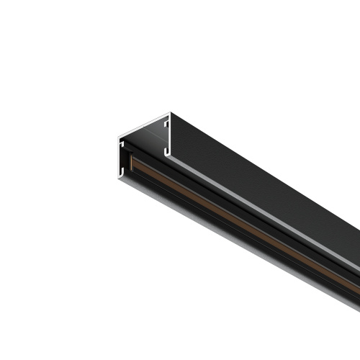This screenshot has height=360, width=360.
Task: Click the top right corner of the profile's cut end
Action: coord(170,113)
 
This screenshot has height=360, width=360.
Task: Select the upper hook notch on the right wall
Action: coord(166,123)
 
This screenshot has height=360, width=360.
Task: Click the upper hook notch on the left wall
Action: coord(121,144)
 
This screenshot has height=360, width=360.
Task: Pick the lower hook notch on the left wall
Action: coord(121,170)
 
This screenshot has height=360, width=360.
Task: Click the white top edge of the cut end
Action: coord(144,124)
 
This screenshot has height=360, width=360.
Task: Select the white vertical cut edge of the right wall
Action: coord(170,137)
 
